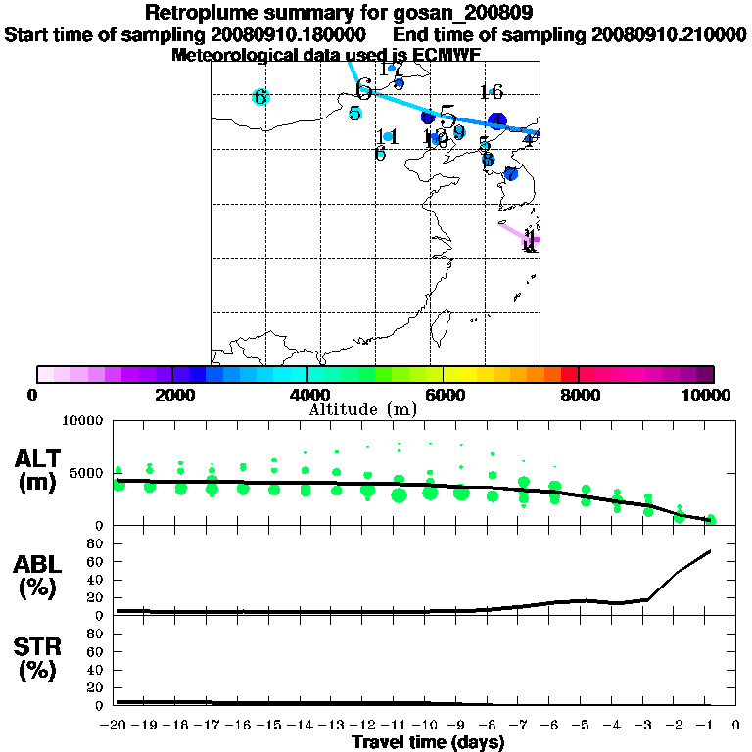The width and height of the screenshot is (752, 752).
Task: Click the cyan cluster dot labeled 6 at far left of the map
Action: point(259,97)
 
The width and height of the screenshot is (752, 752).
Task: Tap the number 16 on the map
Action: point(491,92)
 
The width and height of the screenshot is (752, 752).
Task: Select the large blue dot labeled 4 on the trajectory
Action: point(497,120)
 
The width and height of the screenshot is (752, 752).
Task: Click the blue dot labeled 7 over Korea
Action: point(510,174)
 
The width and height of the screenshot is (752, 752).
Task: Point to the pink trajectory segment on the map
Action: point(515,232)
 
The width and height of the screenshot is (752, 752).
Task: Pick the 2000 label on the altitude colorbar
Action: point(171,395)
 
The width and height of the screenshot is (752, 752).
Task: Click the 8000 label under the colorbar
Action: point(578,395)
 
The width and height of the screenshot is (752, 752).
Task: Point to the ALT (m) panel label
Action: point(39,470)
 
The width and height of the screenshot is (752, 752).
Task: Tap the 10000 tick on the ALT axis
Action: point(84,421)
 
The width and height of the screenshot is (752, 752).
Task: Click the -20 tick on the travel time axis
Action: point(116,726)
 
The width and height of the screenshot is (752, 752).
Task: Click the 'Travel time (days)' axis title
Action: point(428,743)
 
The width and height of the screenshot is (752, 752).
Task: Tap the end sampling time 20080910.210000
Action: point(669,34)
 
